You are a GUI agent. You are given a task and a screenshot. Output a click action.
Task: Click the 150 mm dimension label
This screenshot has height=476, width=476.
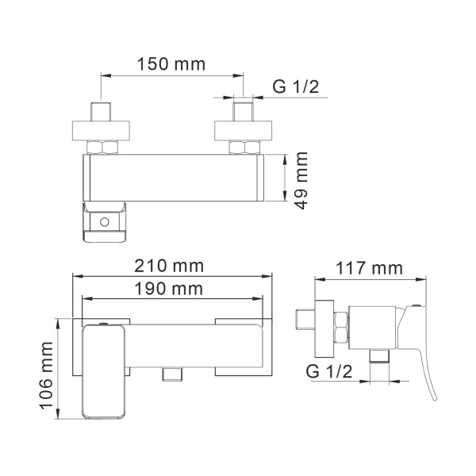[170, 64]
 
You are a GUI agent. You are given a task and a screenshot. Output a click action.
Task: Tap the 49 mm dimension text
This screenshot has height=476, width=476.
[301, 181]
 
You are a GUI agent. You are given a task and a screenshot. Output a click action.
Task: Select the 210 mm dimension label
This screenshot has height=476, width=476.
[170, 264]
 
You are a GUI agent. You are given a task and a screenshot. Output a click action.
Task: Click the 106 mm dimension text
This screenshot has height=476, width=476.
[47, 370]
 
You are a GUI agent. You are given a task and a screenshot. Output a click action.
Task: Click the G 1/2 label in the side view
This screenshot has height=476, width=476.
[330, 370]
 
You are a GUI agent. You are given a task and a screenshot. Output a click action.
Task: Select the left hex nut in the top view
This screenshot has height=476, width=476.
[102, 147]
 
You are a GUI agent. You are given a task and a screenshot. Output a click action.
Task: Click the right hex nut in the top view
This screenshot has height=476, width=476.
[244, 147]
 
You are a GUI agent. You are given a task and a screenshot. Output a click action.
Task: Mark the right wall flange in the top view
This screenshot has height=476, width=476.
[244, 129]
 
